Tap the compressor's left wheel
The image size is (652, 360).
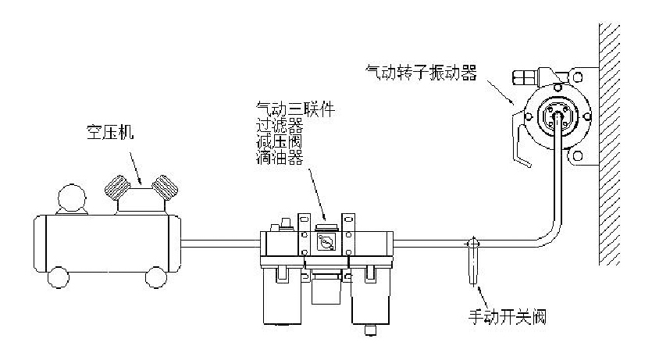(x=58, y=276)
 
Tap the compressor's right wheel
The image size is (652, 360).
(x=156, y=276)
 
